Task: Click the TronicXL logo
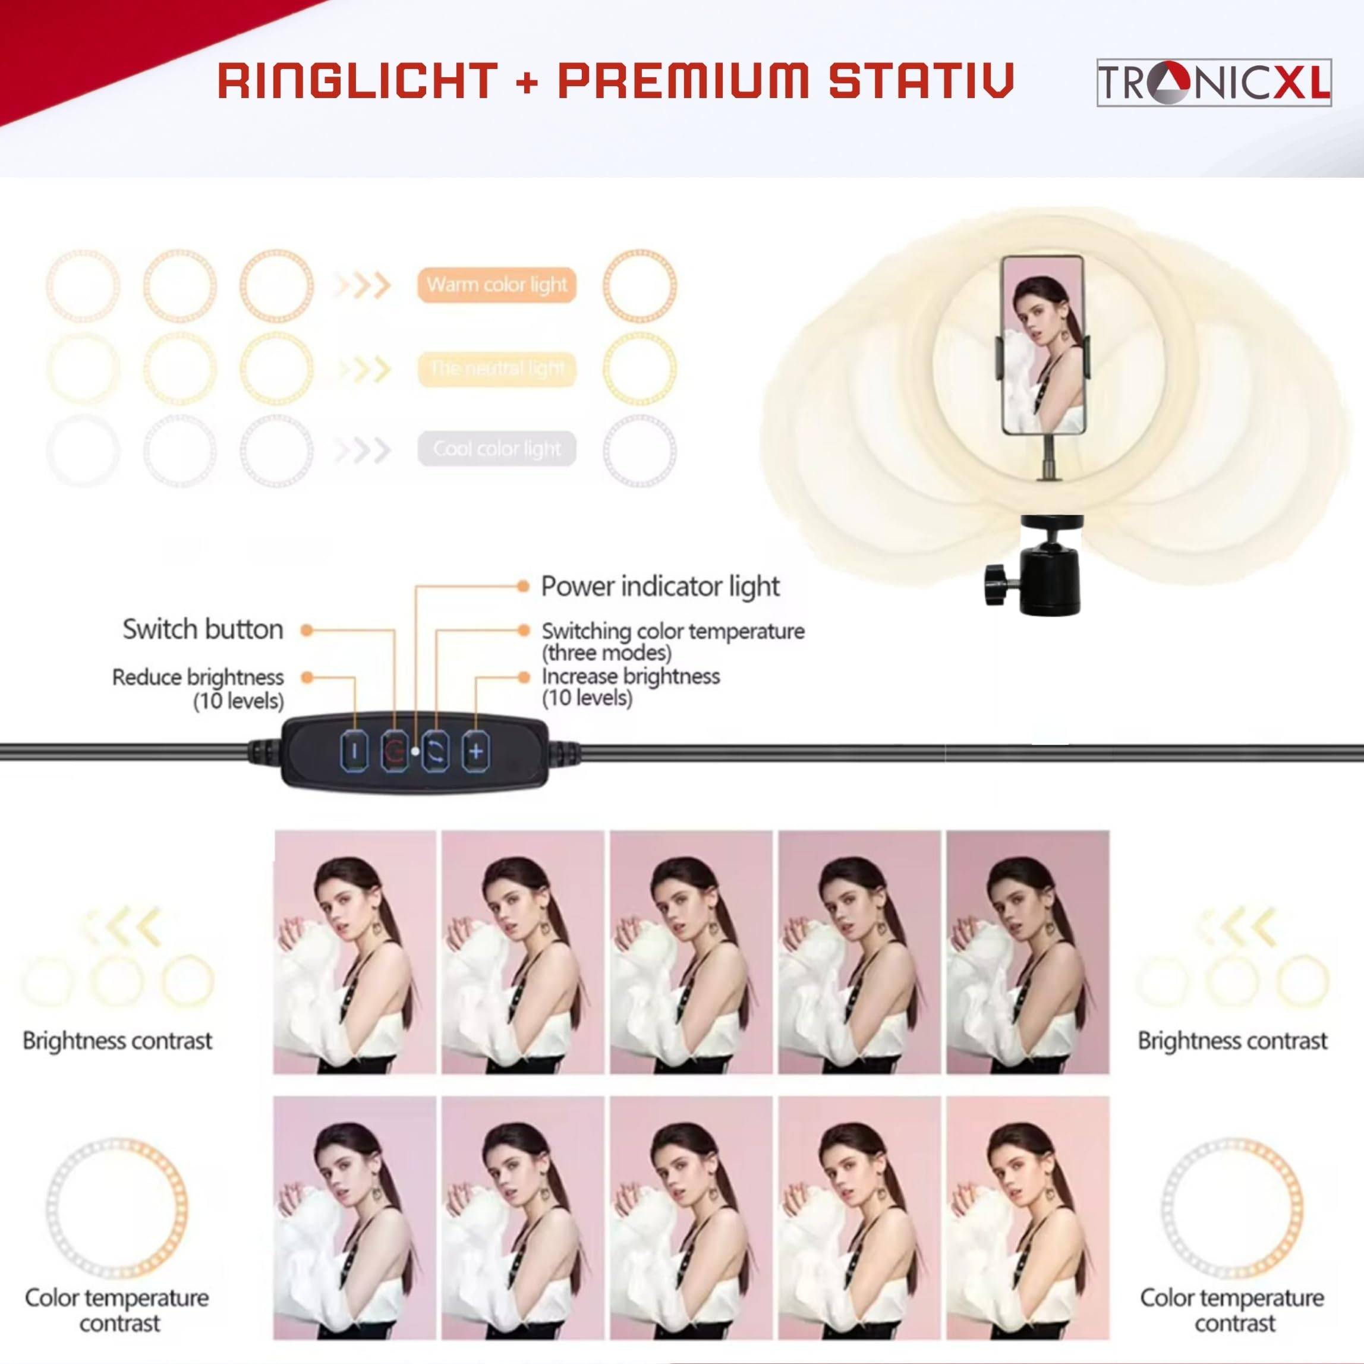pos(1214,83)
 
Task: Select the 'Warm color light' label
pos(496,285)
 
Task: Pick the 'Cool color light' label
pos(496,449)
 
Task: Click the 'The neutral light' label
pos(496,368)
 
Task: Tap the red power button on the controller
pos(395,752)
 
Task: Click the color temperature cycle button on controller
pos(436,752)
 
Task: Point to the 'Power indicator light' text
pos(659,587)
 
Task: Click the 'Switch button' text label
pos(203,629)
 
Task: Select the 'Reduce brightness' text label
pos(198,678)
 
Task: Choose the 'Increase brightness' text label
pos(631,676)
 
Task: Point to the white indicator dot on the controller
pos(415,752)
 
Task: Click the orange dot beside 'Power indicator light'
pos(523,586)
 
